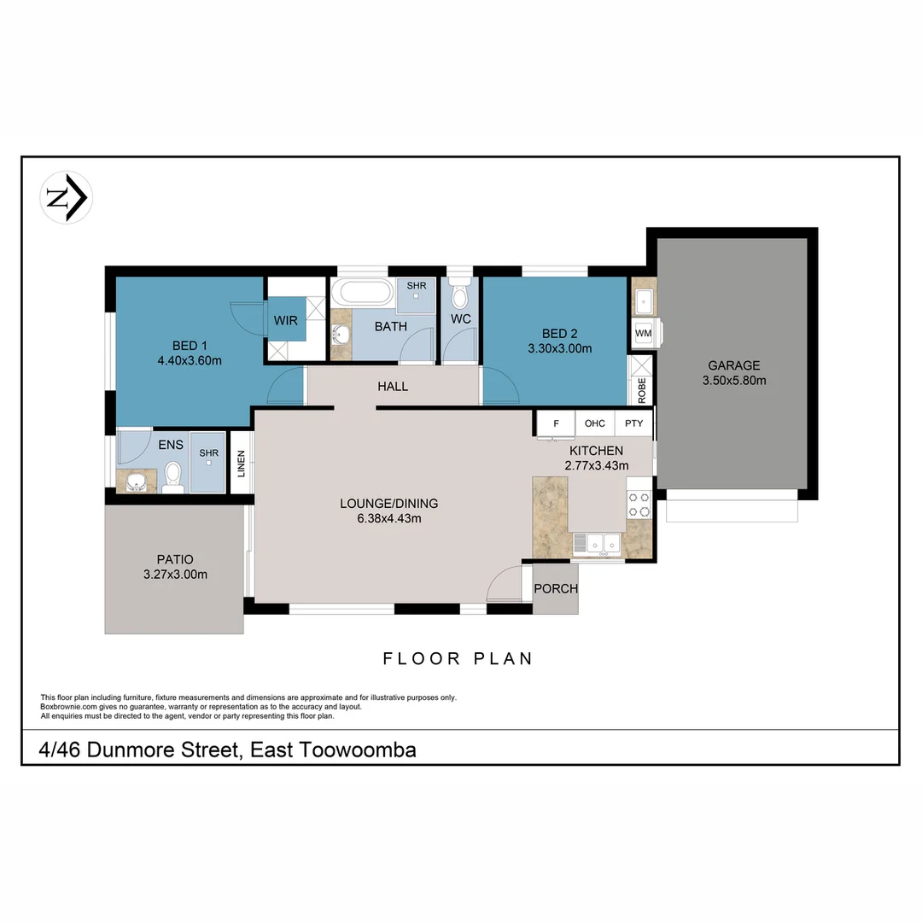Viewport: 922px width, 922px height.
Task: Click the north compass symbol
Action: [67, 198]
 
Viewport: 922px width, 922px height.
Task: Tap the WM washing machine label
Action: [643, 333]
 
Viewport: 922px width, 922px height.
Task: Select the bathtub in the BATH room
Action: [363, 292]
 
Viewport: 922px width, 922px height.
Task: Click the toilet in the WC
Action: [459, 295]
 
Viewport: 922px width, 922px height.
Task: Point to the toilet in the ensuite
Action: [172, 476]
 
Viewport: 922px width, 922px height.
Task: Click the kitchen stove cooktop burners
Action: [639, 505]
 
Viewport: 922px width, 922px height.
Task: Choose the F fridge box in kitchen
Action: [556, 423]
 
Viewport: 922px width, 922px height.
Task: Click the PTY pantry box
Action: [633, 423]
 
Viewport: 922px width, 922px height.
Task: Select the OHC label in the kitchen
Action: [595, 423]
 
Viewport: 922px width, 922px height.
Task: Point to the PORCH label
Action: [555, 589]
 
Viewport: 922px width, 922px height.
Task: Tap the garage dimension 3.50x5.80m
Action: [733, 380]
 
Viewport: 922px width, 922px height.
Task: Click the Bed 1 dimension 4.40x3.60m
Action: [190, 360]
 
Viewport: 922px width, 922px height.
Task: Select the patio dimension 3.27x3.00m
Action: [175, 575]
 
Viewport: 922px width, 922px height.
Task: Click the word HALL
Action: [393, 387]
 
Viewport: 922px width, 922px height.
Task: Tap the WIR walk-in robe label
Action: [285, 321]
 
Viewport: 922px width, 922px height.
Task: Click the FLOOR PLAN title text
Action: [458, 658]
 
